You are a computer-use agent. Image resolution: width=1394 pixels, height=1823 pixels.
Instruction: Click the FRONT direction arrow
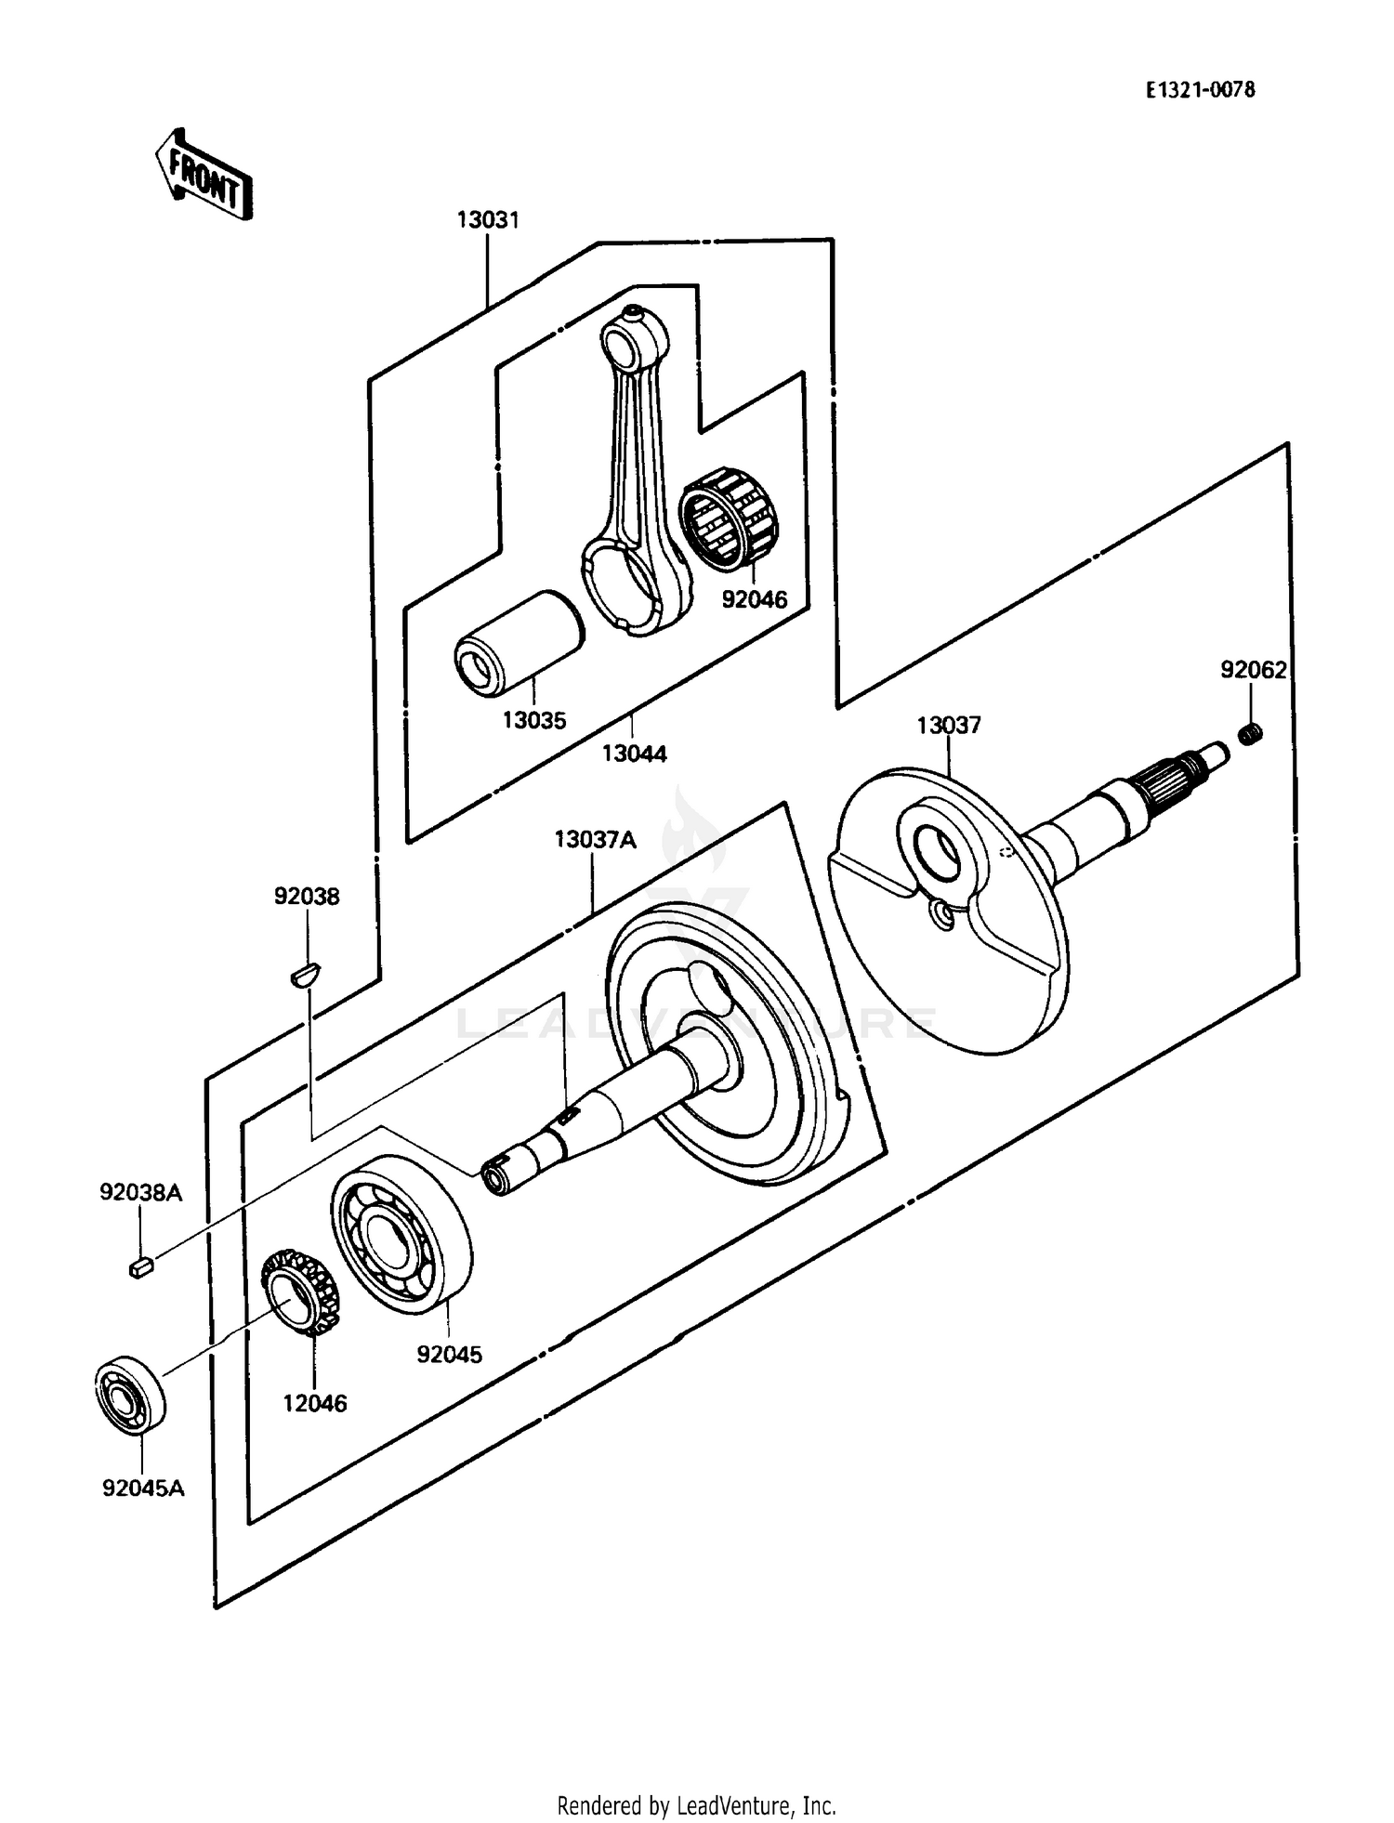click(x=203, y=175)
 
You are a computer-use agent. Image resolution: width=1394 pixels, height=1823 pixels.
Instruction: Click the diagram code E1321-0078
click(x=1200, y=90)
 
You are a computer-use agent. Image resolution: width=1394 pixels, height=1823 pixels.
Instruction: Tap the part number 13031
click(x=487, y=220)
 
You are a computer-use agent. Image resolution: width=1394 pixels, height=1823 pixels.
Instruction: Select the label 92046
click(x=754, y=600)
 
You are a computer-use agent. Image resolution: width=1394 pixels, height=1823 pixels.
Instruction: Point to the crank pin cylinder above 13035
click(x=519, y=642)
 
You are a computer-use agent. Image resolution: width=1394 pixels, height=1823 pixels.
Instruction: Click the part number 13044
click(x=634, y=754)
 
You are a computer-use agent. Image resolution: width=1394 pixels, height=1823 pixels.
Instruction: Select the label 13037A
click(x=595, y=840)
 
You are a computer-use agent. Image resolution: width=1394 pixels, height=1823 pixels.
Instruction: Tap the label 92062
click(x=1253, y=670)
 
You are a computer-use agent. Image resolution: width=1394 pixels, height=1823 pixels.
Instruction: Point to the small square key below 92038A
click(x=140, y=1267)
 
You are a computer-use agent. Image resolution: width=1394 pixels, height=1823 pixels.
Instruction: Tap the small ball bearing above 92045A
click(x=129, y=1394)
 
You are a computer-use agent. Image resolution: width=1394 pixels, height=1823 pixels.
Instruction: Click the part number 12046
click(x=314, y=1404)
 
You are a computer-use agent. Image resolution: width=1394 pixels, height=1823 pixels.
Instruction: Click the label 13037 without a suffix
click(x=948, y=725)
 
